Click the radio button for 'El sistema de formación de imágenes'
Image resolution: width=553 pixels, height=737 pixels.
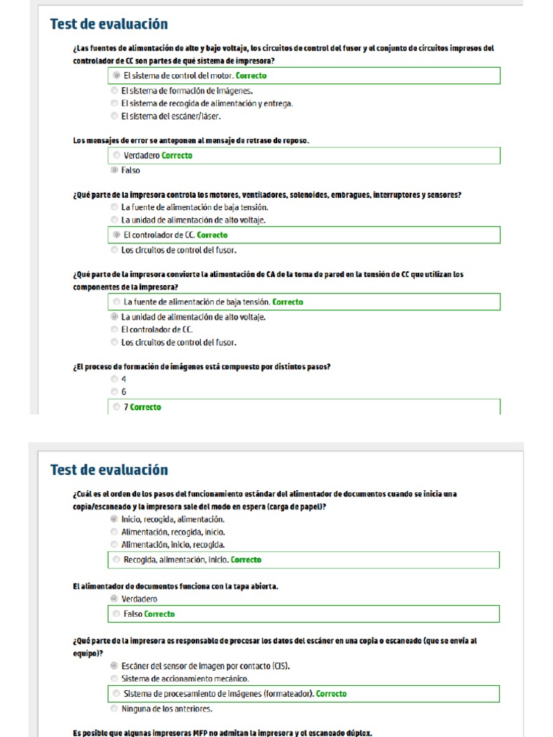(114, 91)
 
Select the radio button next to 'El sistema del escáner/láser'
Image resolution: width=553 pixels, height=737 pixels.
(114, 116)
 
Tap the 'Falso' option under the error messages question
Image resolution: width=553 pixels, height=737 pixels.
(114, 171)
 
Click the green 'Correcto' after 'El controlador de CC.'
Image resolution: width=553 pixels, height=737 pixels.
(212, 235)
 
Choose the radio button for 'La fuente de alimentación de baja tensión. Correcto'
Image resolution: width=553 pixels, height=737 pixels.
(117, 302)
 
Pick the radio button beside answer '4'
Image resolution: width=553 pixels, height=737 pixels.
(114, 379)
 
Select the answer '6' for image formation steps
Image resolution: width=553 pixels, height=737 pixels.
(114, 392)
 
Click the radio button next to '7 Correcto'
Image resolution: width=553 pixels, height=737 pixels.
(117, 407)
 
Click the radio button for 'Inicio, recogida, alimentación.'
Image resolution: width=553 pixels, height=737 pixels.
(114, 519)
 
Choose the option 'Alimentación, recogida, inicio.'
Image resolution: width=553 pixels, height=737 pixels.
(114, 532)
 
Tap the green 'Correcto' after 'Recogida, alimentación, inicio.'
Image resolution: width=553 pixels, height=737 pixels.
(246, 560)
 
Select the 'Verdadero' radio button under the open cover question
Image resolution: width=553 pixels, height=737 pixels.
(114, 599)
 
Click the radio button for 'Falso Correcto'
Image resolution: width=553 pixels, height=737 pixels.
(117, 614)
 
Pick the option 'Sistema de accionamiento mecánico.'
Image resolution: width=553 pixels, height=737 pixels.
(114, 679)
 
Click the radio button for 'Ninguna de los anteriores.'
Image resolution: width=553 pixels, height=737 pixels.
(114, 709)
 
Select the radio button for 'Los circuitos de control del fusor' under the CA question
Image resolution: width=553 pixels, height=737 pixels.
(114, 343)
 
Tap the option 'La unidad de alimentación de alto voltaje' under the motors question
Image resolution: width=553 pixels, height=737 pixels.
(114, 220)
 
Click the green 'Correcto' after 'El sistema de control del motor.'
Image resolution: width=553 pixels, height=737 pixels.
(251, 76)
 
